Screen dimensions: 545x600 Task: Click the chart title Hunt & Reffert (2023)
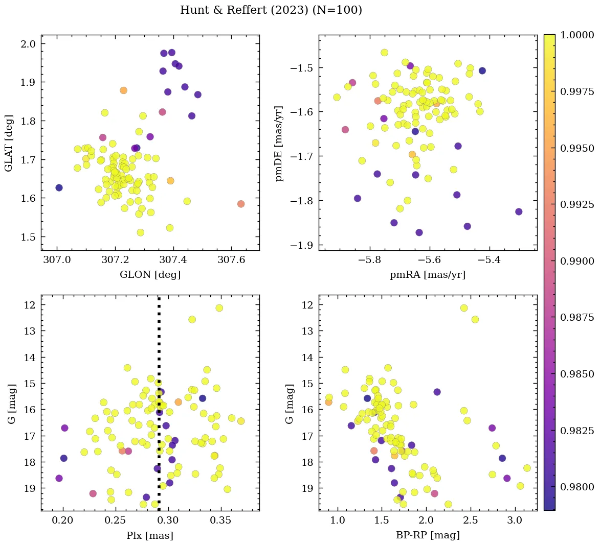[271, 10]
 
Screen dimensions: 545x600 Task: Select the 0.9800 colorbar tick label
[577, 487]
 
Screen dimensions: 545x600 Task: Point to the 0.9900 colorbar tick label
[577, 261]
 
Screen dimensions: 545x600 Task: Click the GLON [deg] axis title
[150, 275]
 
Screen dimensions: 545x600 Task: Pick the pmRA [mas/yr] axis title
[428, 275]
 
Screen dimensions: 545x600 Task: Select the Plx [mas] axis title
[150, 535]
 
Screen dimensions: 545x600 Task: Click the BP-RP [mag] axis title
[428, 535]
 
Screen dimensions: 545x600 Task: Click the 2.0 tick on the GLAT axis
[29, 44]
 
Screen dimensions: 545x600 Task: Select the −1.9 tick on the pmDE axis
[302, 245]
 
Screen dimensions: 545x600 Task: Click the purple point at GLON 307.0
[59, 188]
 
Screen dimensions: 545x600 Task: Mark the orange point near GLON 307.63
[241, 204]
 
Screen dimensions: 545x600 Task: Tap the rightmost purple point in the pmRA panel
[519, 211]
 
